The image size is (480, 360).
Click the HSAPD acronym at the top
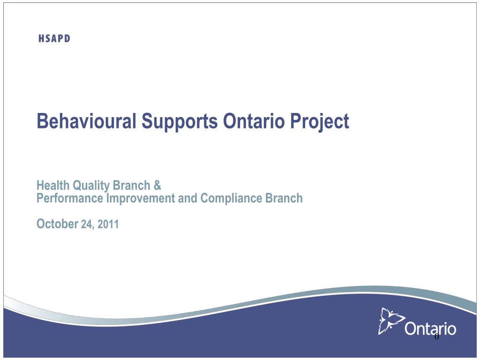click(x=54, y=38)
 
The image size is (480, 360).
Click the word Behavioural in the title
click(x=86, y=121)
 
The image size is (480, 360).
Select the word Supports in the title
click(x=180, y=122)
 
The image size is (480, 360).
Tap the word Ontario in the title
click(x=254, y=121)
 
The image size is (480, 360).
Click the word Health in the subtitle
click(x=53, y=186)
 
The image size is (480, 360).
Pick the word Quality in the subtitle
click(x=91, y=186)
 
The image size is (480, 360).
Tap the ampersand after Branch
click(x=157, y=186)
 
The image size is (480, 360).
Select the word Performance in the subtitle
click(x=70, y=198)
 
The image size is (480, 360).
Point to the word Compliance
click(x=231, y=199)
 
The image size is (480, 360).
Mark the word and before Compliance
click(x=187, y=198)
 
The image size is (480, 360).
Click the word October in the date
click(x=58, y=224)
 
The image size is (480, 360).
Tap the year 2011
click(x=108, y=224)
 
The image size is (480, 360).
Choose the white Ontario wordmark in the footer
click(x=430, y=329)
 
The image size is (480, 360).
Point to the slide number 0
click(x=436, y=337)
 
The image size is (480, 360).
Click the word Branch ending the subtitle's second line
click(x=284, y=198)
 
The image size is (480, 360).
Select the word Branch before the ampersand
click(x=132, y=186)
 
